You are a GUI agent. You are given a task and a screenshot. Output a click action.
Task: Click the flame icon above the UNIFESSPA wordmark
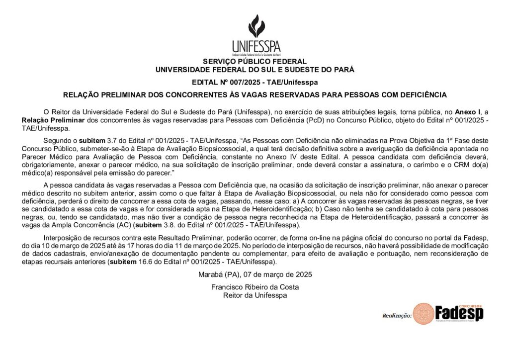click(256, 25)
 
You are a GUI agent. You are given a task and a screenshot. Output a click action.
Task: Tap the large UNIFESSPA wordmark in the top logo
click(256, 46)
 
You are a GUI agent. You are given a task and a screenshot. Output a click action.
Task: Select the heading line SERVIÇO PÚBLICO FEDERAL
click(255, 62)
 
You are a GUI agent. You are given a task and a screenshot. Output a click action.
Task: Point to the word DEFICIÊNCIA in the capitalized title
click(420, 94)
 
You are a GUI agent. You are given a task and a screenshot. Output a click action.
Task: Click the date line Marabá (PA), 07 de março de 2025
click(255, 274)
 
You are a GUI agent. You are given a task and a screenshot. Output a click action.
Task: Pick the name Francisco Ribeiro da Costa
click(255, 287)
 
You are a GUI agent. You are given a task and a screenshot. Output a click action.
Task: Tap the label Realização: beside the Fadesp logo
click(397, 315)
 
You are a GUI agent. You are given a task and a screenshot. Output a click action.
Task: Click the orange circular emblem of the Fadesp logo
click(424, 314)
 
